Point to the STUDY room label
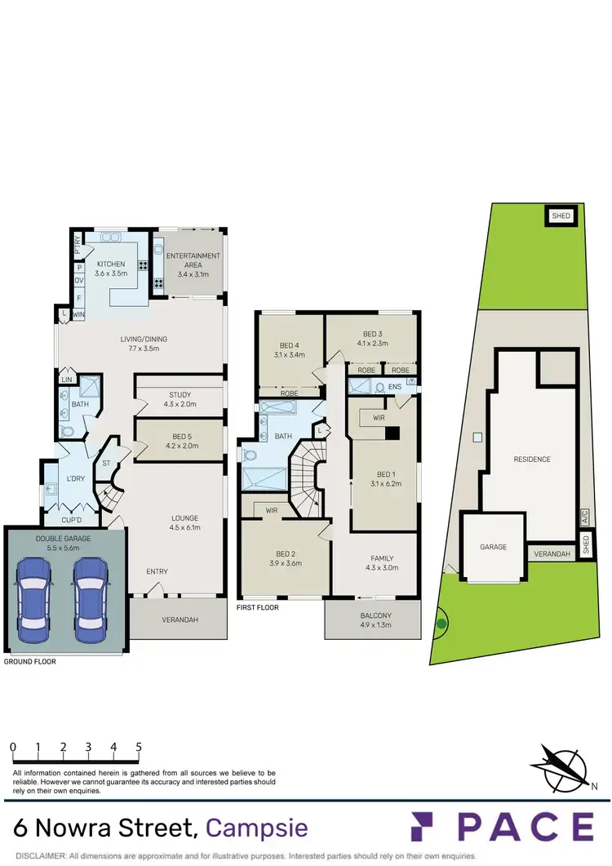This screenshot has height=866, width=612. [x=180, y=395]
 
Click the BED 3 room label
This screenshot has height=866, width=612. [x=371, y=334]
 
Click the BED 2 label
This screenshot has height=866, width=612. [x=286, y=553]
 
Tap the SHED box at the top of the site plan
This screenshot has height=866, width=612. [x=561, y=216]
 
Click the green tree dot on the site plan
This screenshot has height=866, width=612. [x=441, y=624]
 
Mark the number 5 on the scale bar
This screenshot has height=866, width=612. [x=140, y=747]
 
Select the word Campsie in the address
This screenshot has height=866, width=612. [x=257, y=828]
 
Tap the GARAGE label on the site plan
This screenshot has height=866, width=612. [x=492, y=547]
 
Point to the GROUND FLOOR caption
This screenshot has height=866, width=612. [x=30, y=662]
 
